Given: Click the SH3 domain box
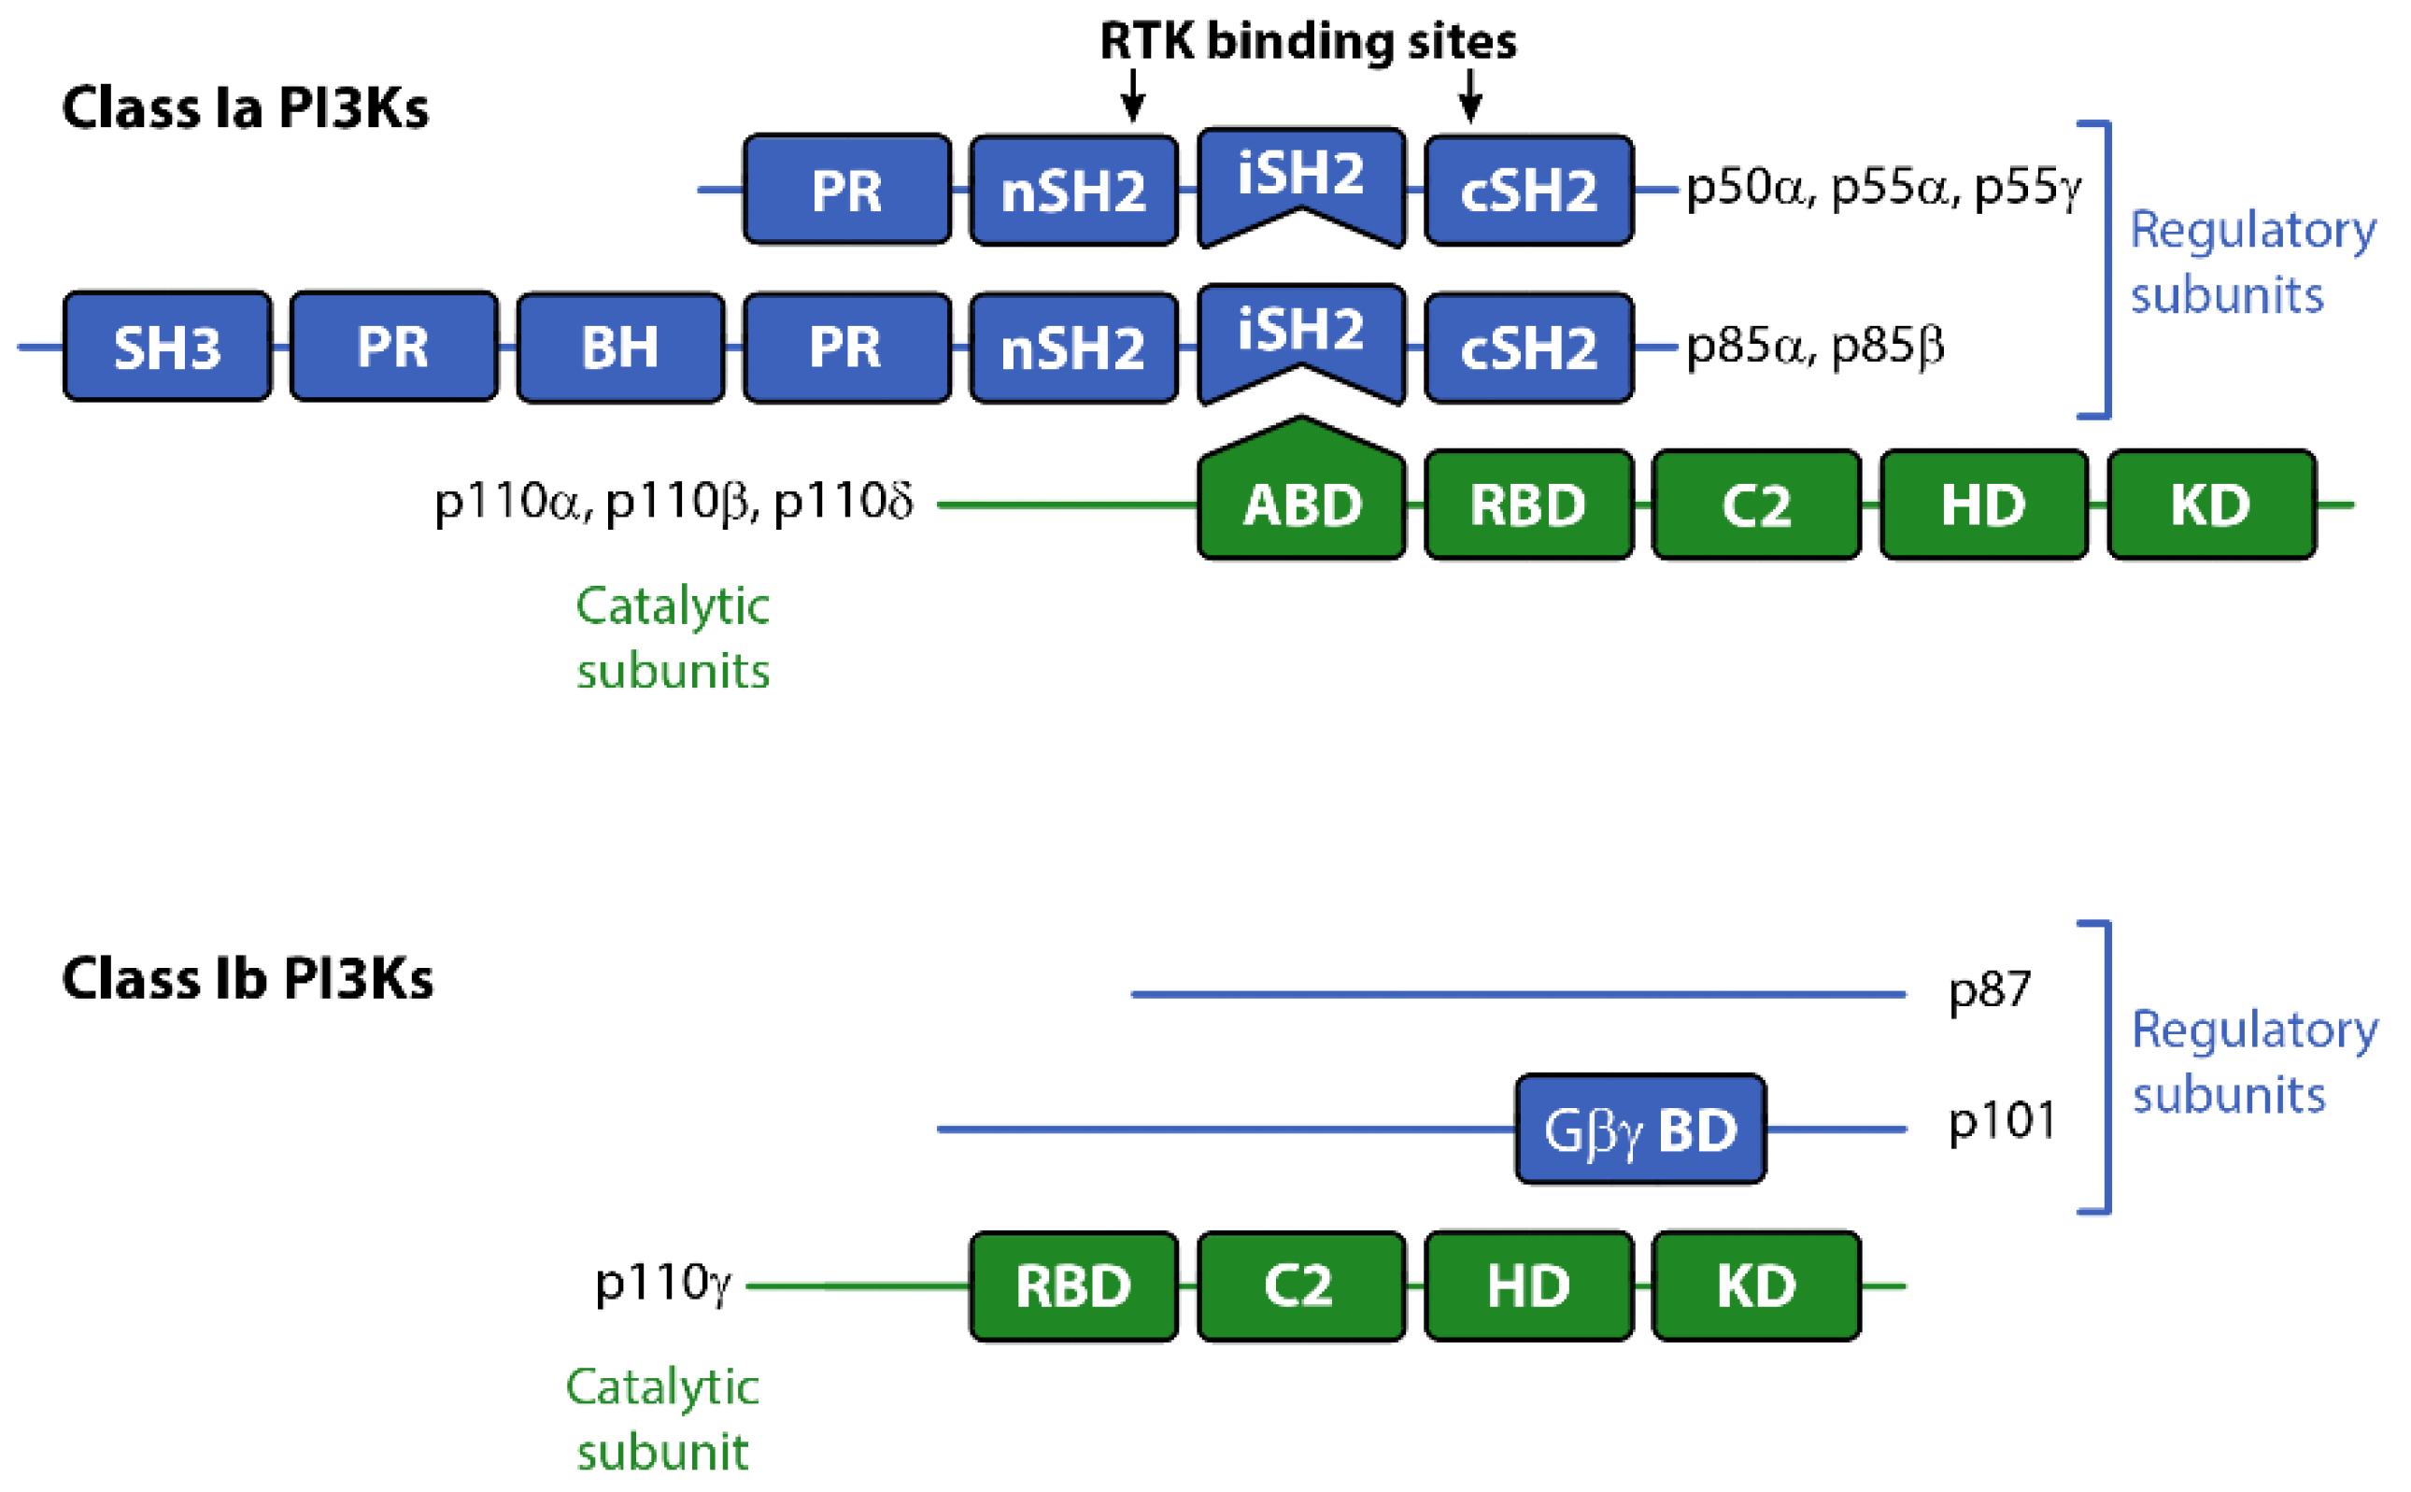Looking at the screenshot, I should click(x=166, y=347).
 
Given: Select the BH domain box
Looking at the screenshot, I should click(x=619, y=347).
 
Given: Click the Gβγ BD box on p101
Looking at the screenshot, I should click(x=1639, y=1129).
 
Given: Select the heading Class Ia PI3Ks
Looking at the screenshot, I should click(x=245, y=107).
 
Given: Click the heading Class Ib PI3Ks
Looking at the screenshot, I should click(x=247, y=979).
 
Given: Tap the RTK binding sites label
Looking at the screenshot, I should click(x=1307, y=41).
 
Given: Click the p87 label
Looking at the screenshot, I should click(x=1989, y=989).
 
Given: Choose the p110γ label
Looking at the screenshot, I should click(x=662, y=1283).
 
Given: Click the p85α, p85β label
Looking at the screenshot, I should click(x=1814, y=347).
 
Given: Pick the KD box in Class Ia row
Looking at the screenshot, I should click(x=2211, y=505).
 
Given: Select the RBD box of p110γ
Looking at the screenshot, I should click(x=1073, y=1286).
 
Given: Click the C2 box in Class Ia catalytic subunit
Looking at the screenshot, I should click(x=1756, y=505).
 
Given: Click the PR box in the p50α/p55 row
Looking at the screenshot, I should click(x=846, y=190).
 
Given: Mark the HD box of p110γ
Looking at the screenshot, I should click(x=1528, y=1286).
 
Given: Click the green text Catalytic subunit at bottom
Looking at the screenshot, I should click(x=662, y=1419).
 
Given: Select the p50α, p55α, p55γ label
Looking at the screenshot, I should click(x=1882, y=188).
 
